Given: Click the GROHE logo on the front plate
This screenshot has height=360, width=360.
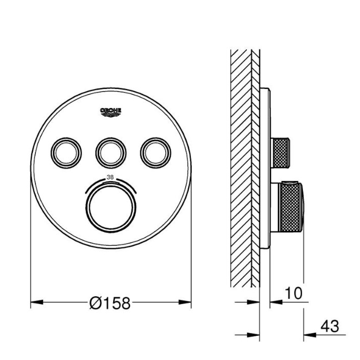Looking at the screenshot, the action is tap(111, 112).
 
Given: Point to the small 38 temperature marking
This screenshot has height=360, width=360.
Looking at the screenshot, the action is tap(110, 177).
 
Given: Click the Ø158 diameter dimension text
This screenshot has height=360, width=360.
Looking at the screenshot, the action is tap(110, 303).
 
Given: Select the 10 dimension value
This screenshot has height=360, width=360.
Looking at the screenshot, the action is tap(294, 293).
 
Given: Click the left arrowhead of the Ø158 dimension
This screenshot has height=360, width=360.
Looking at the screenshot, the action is tap(37, 302).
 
